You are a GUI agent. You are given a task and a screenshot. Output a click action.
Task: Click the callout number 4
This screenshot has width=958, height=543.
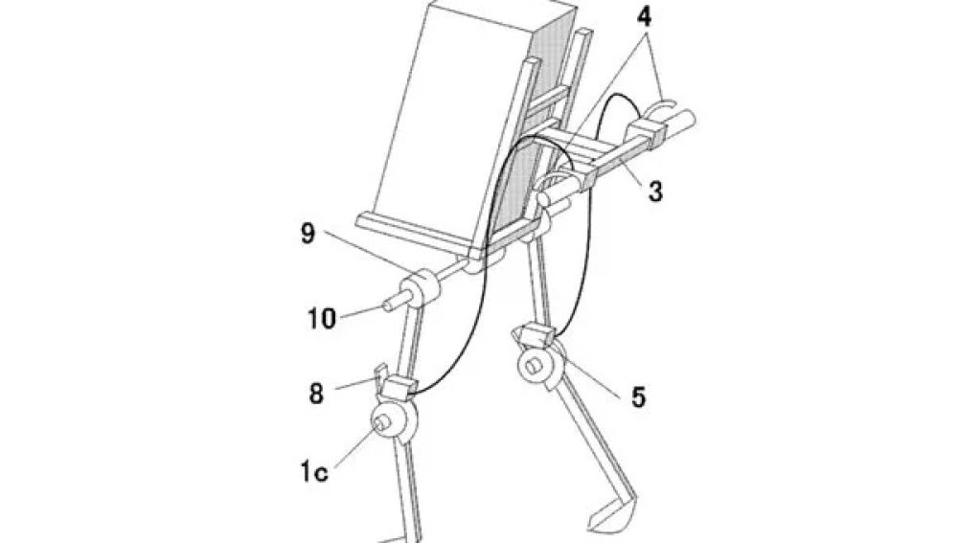tap(644, 16)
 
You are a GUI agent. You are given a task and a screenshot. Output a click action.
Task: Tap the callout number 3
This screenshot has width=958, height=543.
tap(655, 192)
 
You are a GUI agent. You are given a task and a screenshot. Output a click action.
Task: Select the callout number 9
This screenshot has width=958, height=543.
tap(308, 234)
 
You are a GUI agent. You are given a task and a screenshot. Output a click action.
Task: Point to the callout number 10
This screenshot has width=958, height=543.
tap(321, 318)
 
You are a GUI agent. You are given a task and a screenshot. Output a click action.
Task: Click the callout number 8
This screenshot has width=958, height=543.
tap(316, 394)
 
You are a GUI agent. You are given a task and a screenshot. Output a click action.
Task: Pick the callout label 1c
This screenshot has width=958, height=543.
tap(313, 472)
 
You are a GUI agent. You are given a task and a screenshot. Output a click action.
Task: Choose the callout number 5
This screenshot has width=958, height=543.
tap(638, 397)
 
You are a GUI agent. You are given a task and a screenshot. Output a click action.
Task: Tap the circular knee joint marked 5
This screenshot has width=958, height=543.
tap(540, 366)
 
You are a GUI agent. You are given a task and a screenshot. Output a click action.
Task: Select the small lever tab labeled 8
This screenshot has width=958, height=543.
tap(379, 375)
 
